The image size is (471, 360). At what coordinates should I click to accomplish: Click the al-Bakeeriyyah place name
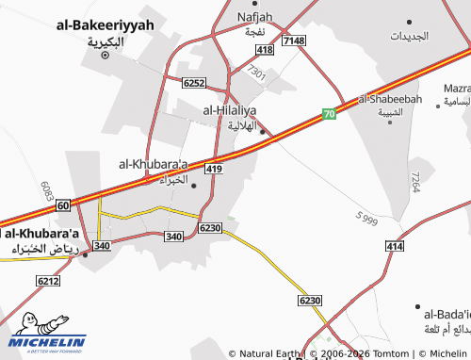(105, 25)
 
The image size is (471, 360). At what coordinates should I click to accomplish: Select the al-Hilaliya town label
(230, 110)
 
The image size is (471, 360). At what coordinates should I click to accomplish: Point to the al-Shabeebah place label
(389, 98)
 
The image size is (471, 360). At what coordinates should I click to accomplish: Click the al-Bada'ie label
(447, 314)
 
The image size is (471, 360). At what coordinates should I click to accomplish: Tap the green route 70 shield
(329, 115)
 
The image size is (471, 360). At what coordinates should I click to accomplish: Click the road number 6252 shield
(194, 83)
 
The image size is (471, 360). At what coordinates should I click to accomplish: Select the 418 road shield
(265, 49)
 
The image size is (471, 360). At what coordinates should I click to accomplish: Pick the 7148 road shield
(294, 41)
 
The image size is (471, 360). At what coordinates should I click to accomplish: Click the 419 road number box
(214, 169)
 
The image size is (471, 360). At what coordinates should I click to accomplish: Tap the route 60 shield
(62, 205)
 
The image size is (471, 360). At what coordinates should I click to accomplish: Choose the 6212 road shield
(48, 281)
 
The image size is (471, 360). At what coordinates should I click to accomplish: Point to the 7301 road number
(255, 72)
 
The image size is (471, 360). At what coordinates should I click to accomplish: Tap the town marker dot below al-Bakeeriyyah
(105, 55)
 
